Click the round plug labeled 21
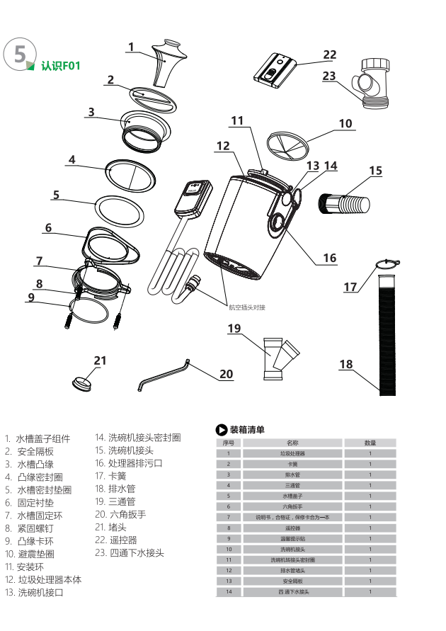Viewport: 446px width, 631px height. click(84, 383)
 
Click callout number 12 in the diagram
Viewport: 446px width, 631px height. click(223, 147)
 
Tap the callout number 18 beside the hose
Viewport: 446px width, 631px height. click(345, 365)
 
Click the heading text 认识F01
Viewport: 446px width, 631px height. click(61, 67)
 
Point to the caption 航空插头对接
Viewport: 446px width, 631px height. click(246, 307)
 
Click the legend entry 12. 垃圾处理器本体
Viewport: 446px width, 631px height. click(43, 579)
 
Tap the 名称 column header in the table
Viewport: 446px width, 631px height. click(292, 443)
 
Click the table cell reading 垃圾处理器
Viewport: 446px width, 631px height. click(292, 453)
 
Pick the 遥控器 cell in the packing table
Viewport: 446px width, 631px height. click(292, 528)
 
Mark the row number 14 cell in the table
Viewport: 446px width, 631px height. click(228, 591)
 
